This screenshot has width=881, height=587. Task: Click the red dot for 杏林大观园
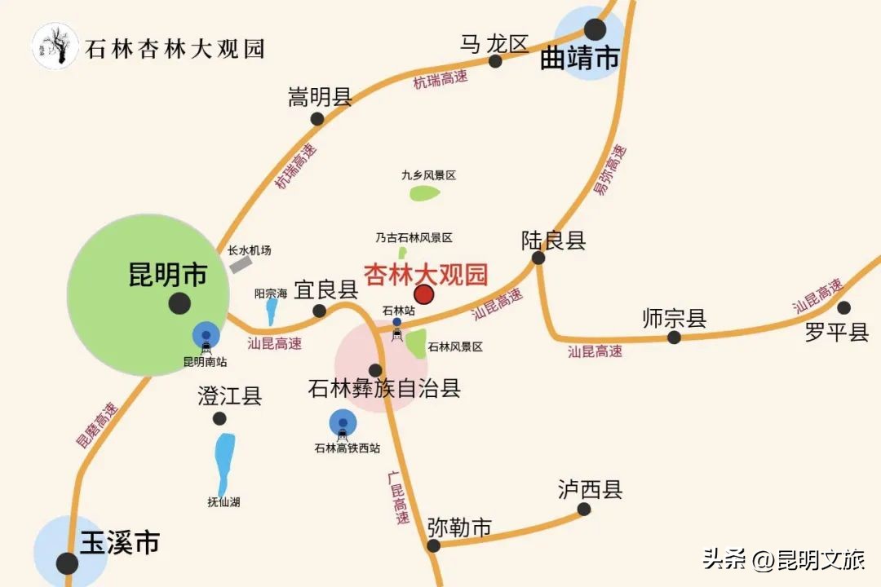click(x=424, y=294)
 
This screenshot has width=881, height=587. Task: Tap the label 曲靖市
click(x=580, y=59)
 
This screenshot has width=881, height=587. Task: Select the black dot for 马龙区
click(x=495, y=61)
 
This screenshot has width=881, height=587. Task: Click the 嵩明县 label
click(x=320, y=98)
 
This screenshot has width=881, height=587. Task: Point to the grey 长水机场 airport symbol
click(x=241, y=264)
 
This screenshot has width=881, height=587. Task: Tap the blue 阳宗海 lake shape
click(x=272, y=311)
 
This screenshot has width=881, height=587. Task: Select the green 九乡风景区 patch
click(x=424, y=193)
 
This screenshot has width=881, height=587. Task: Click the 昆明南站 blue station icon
click(x=206, y=335)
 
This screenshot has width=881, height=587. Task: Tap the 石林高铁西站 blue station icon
click(x=343, y=422)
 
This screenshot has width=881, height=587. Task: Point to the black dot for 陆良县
click(x=538, y=258)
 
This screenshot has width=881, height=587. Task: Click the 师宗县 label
click(x=674, y=318)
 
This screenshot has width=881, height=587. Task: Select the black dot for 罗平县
click(x=843, y=307)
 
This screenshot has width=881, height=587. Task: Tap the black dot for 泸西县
click(x=584, y=510)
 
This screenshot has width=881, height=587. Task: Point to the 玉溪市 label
click(x=119, y=543)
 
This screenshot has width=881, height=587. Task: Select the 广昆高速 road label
click(x=398, y=497)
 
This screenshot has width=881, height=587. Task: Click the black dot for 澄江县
click(x=219, y=418)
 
